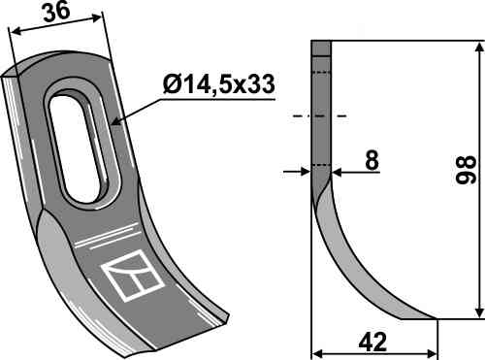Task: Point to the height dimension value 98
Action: (x=464, y=175)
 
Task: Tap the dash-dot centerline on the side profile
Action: (x=320, y=115)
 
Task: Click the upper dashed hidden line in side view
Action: (x=321, y=72)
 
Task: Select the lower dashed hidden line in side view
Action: (x=321, y=165)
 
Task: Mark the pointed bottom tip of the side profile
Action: (x=434, y=318)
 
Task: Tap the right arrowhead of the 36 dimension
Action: (x=100, y=18)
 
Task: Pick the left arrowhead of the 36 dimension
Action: (x=13, y=32)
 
